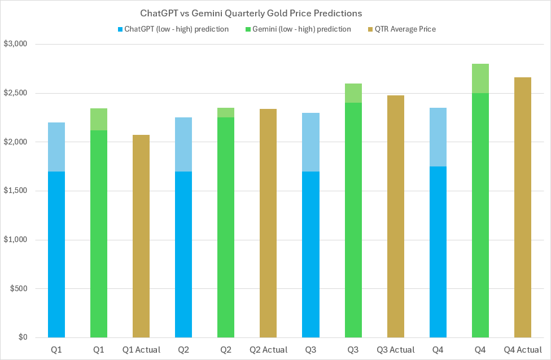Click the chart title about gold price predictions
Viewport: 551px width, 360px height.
tap(251, 12)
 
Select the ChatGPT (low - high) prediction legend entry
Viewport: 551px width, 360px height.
tap(172, 29)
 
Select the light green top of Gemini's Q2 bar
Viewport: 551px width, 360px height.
tap(226, 112)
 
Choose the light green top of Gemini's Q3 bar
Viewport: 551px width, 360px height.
tap(353, 93)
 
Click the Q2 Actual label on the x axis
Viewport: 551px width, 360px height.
tap(268, 350)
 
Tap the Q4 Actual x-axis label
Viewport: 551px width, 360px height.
tap(522, 350)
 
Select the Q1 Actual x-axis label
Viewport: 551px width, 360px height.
tap(141, 350)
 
